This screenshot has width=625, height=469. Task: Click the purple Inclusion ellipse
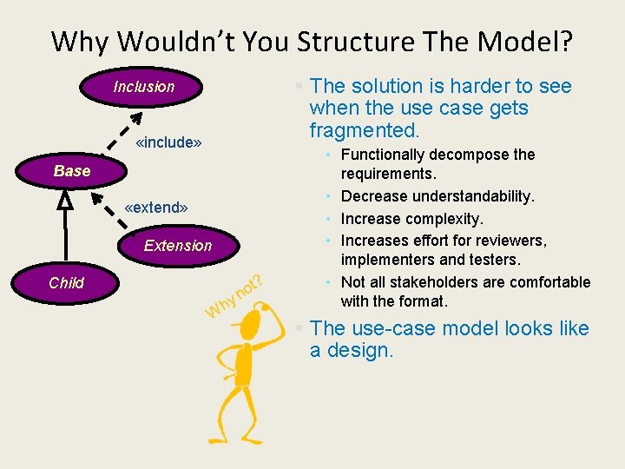pyautogui.click(x=143, y=86)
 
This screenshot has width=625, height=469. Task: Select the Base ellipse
pyautogui.click(x=72, y=171)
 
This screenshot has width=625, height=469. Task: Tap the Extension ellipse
pyautogui.click(x=177, y=246)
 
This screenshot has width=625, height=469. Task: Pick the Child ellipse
pyautogui.click(x=67, y=282)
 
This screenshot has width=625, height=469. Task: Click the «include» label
pyautogui.click(x=169, y=141)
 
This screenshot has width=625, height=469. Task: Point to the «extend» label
pyautogui.click(x=156, y=208)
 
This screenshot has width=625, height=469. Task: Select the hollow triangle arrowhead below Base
pyautogui.click(x=64, y=199)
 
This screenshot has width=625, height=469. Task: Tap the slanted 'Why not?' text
pyautogui.click(x=233, y=295)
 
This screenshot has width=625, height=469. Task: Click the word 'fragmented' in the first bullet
pyautogui.click(x=363, y=130)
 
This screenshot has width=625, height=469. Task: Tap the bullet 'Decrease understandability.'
pyautogui.click(x=437, y=196)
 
